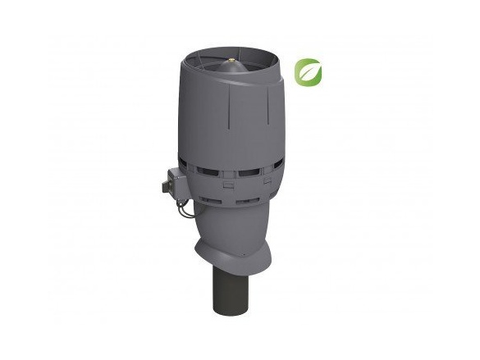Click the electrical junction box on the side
point(176,182)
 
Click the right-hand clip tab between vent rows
point(270,182)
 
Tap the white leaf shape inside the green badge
point(308,72)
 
